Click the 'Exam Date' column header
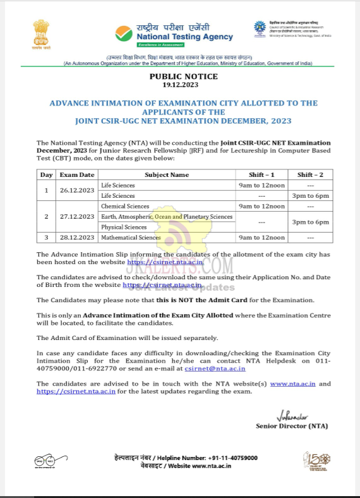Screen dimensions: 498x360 (x=78, y=175)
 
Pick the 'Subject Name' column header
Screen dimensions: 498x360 (x=166, y=175)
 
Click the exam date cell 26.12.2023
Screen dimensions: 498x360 (x=78, y=191)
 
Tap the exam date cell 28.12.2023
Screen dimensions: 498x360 (x=78, y=238)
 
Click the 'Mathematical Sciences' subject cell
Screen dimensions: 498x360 (x=131, y=238)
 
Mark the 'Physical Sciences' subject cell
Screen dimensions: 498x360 (x=124, y=227)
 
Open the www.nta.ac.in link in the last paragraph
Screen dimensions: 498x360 (x=292, y=384)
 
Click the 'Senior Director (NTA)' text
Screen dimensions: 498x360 (x=292, y=426)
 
